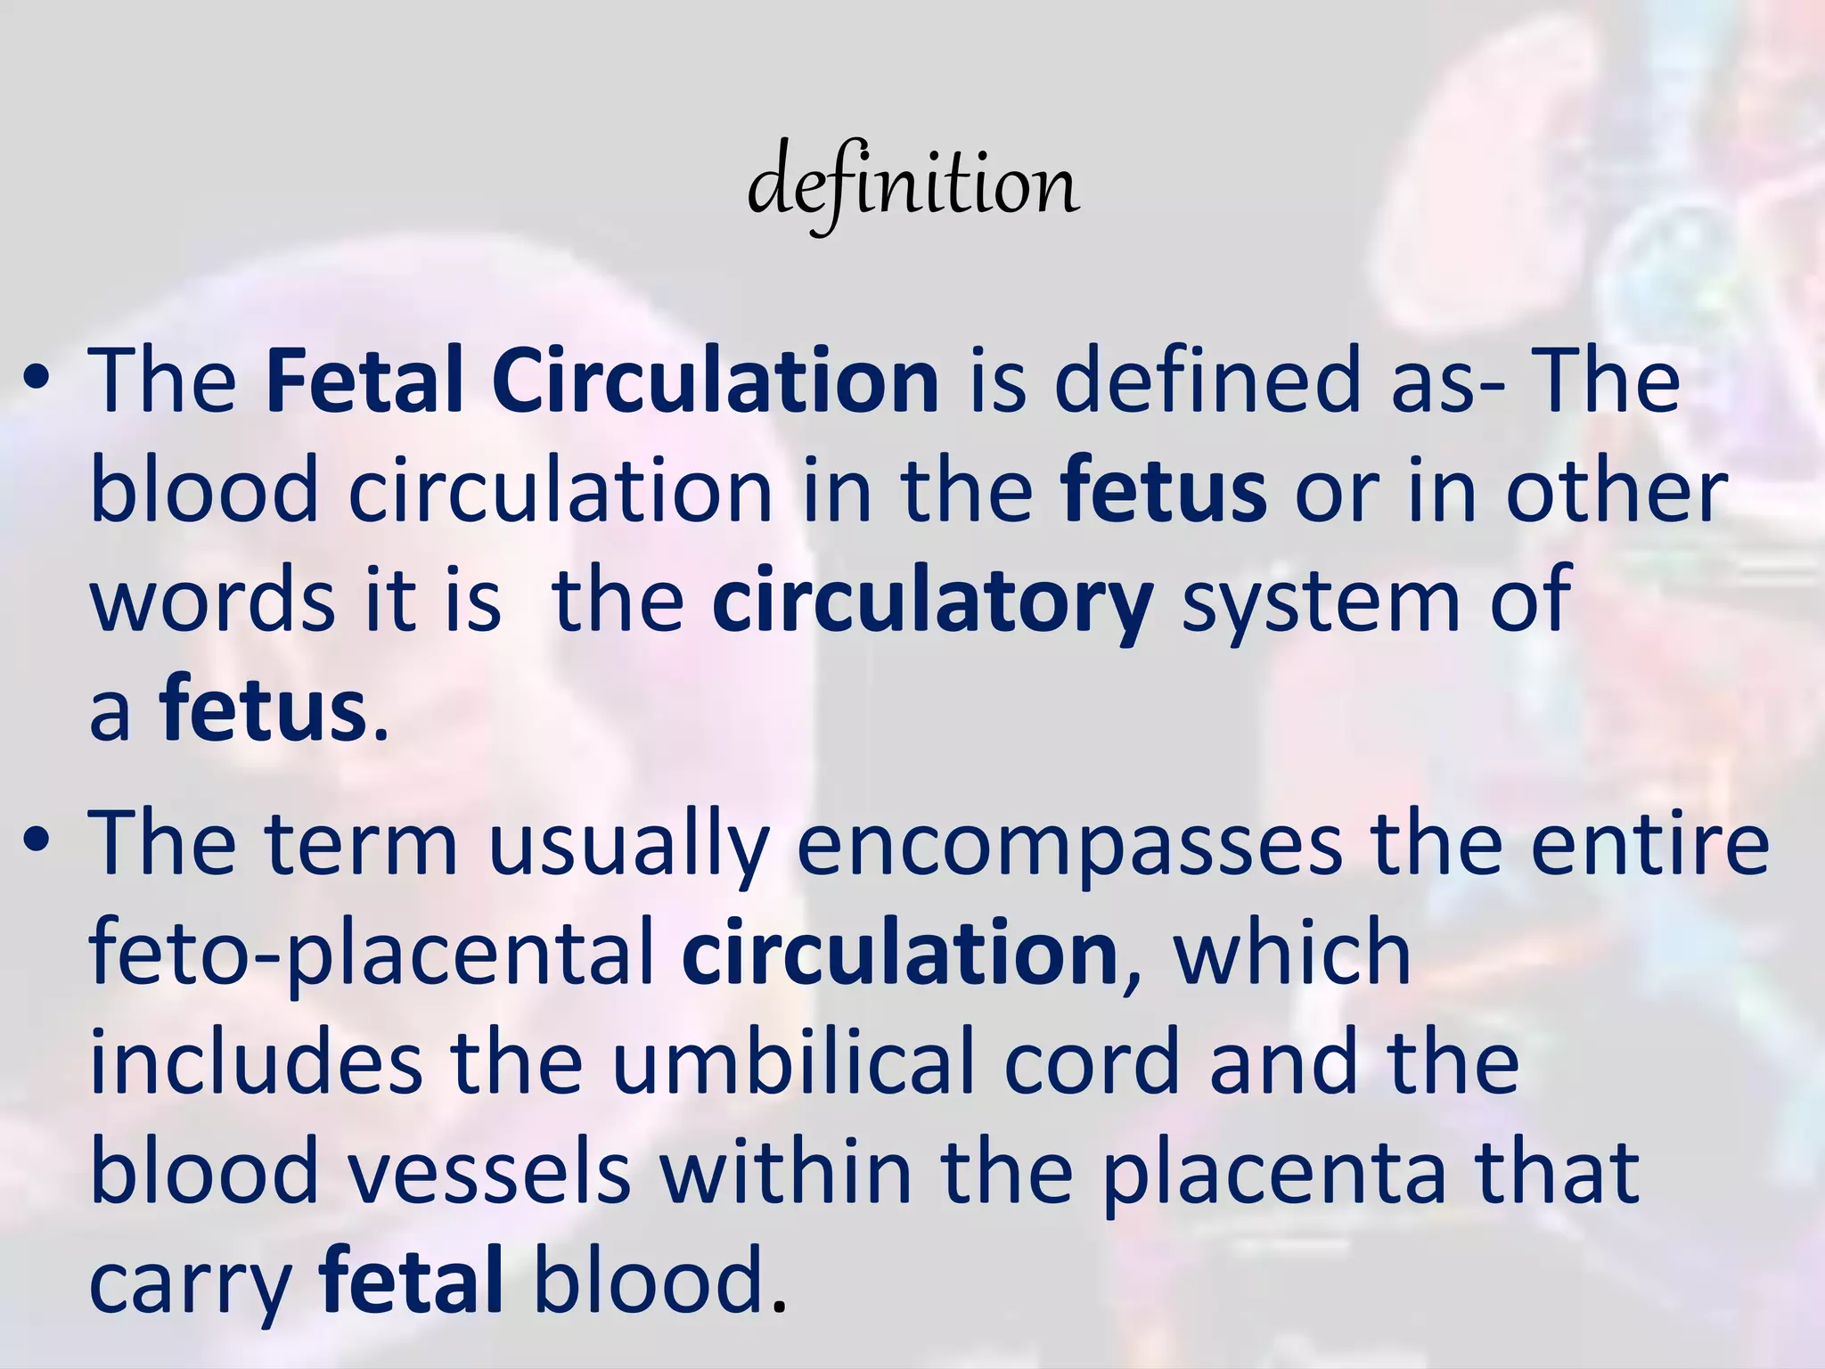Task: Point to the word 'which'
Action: [x=1291, y=954]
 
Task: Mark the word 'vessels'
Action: [x=489, y=1173]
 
